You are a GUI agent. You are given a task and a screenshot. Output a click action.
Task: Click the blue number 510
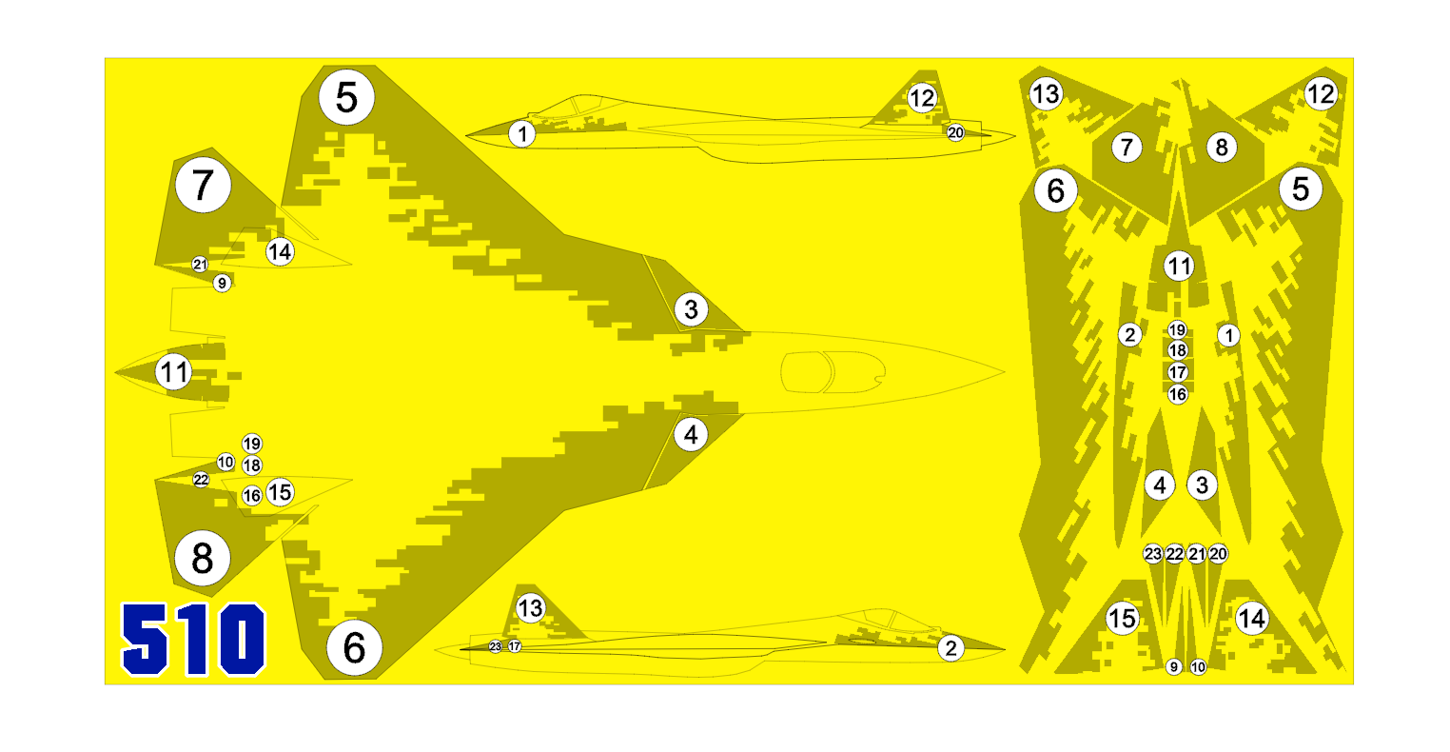[193, 640]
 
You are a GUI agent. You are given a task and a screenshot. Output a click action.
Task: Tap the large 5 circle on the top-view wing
[346, 97]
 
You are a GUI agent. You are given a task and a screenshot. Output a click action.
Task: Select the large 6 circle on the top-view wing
[354, 647]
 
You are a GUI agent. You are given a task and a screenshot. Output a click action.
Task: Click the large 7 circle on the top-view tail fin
[203, 186]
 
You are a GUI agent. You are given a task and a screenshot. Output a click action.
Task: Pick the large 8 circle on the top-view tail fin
[203, 558]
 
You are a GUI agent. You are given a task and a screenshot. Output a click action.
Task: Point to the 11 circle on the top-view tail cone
[173, 372]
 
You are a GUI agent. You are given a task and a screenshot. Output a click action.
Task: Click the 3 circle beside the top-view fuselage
[692, 309]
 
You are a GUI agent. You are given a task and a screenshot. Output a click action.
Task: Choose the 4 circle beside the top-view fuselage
[692, 435]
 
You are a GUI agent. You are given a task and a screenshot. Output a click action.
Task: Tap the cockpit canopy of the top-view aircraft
[833, 372]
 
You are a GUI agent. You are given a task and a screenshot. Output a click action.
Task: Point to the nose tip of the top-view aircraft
[1005, 372]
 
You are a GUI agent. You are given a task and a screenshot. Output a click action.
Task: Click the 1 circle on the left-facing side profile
[521, 134]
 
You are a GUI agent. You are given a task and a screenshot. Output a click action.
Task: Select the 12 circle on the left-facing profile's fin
[923, 98]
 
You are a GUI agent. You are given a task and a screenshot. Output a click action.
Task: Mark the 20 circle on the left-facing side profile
[955, 132]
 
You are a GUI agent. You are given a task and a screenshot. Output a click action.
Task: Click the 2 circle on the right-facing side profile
[950, 647]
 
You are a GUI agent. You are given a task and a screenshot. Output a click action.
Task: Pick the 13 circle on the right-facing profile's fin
[531, 608]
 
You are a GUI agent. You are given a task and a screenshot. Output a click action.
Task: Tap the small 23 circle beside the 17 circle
[495, 646]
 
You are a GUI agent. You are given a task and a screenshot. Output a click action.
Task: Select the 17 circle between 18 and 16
[1178, 372]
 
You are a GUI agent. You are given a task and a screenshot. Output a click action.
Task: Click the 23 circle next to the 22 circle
[1153, 554]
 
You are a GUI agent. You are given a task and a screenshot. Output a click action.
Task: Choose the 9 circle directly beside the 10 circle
[1173, 666]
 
